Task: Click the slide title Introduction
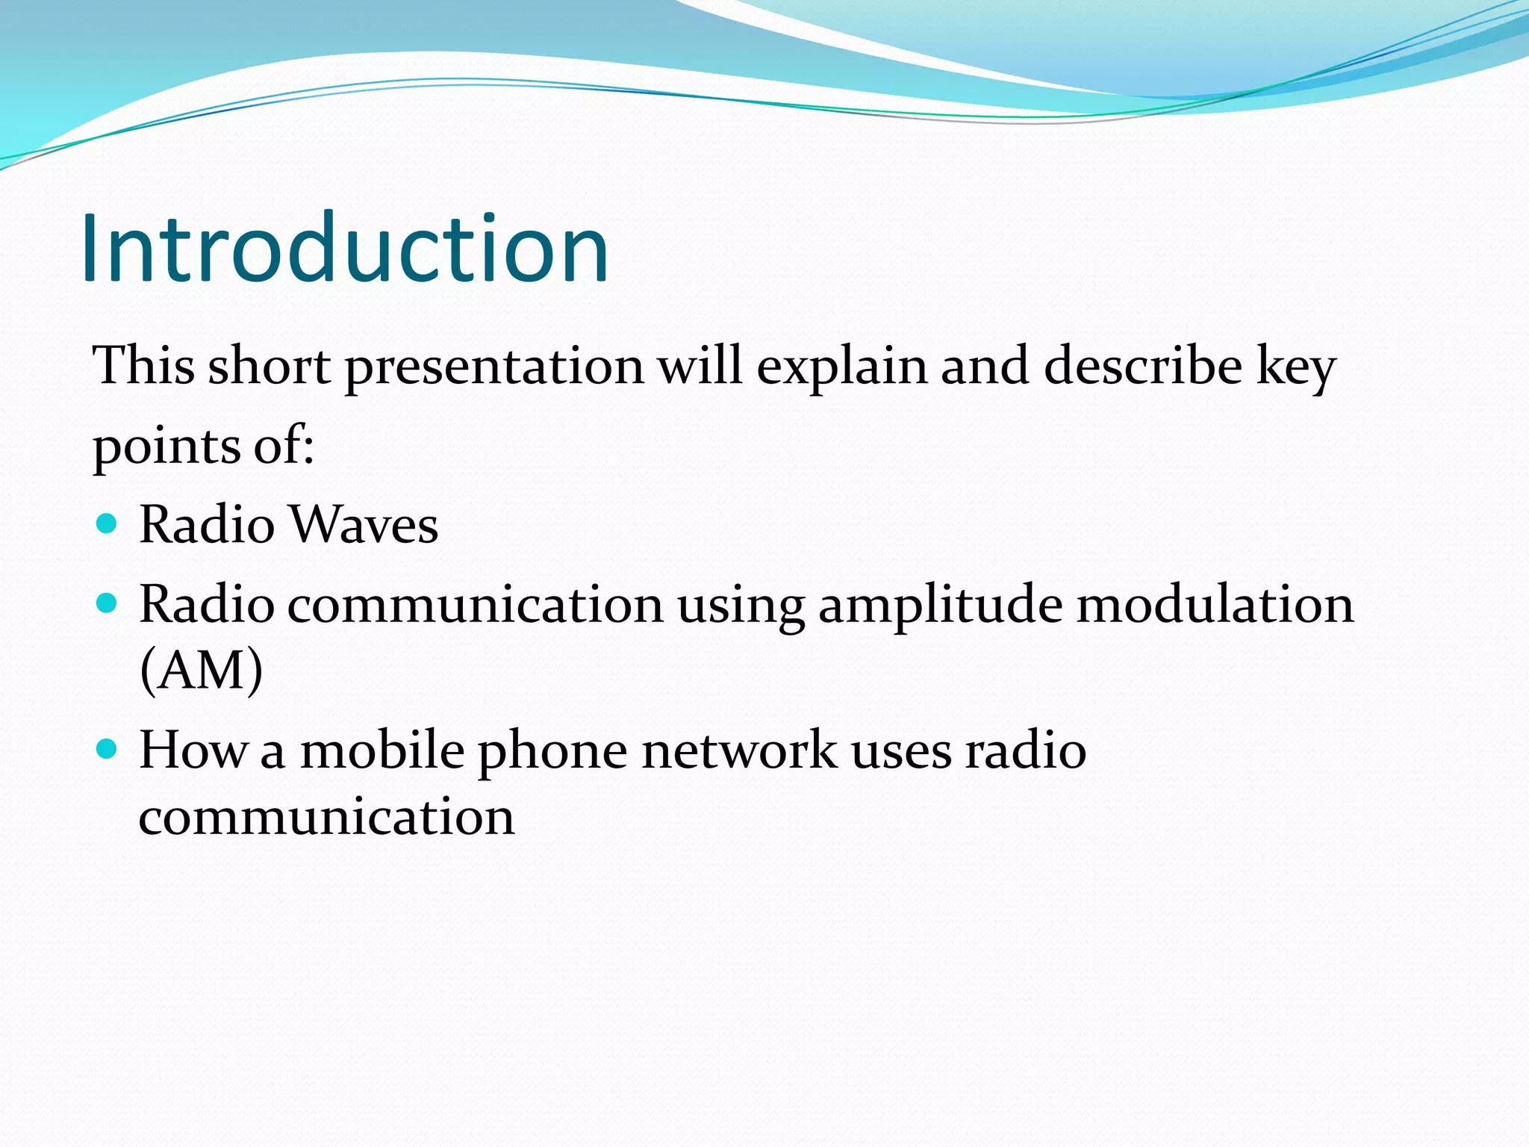[x=345, y=249]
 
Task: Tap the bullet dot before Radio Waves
[x=108, y=523]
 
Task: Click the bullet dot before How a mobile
[x=108, y=749]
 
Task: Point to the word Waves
[x=364, y=525]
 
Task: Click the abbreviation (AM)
[x=201, y=670]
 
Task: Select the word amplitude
[x=940, y=605]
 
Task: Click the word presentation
[x=493, y=368]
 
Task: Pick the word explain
[x=841, y=368]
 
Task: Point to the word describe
[x=1142, y=367]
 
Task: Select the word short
[x=269, y=367]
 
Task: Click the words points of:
[x=203, y=447]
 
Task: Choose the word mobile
[x=382, y=750]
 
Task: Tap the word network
[x=739, y=750]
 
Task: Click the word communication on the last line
[x=326, y=816]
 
